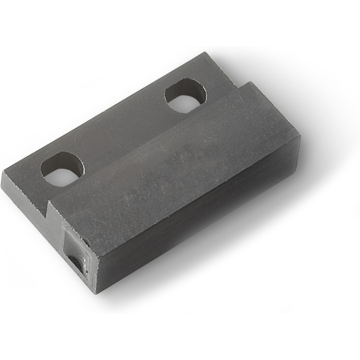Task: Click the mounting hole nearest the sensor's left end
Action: coord(62,169)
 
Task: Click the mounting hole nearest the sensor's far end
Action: coord(185,95)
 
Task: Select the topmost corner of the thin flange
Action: coord(206,53)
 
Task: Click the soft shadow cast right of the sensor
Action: coord(312,169)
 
